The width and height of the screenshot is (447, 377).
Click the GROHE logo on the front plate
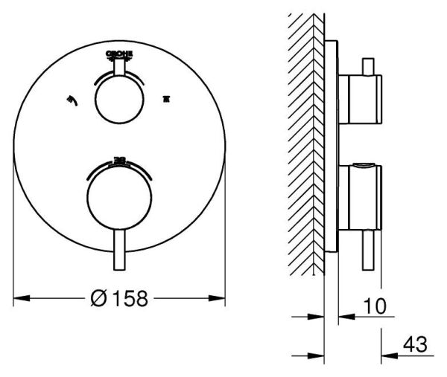point(119,54)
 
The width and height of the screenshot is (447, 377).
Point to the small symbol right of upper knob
point(167,98)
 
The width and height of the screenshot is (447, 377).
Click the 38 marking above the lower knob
point(119,160)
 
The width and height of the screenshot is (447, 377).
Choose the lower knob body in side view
point(362,197)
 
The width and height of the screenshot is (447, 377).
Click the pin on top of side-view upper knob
point(367,67)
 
